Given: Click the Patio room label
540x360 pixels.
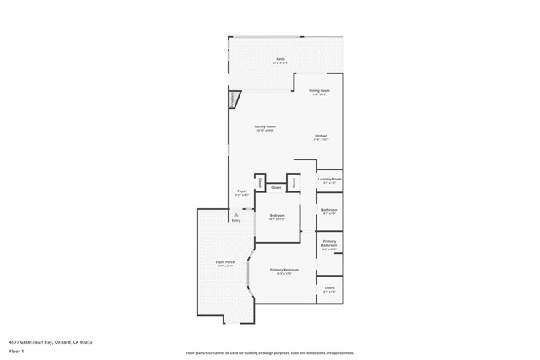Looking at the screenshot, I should (x=280, y=59).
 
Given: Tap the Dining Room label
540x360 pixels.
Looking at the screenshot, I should (x=319, y=90).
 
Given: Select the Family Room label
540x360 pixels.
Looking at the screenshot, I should (x=266, y=126).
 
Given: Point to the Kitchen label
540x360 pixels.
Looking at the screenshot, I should (x=321, y=136).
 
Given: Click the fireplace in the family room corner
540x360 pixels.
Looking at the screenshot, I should (x=234, y=99).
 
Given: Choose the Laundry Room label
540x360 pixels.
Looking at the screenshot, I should (x=329, y=179).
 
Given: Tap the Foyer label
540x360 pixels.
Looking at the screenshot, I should (x=242, y=191).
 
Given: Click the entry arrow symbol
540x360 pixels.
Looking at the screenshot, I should (x=236, y=214).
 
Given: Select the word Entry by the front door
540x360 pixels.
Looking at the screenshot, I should (x=236, y=221).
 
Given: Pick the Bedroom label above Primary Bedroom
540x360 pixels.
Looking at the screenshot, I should (x=277, y=216).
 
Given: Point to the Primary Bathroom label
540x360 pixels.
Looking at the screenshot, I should (x=329, y=243).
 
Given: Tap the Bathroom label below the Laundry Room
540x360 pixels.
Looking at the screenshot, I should (x=329, y=210).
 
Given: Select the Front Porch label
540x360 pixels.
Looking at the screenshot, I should (x=224, y=262).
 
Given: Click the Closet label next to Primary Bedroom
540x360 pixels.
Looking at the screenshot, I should (x=329, y=288).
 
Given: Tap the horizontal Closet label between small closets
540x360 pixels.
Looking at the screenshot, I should (x=275, y=187).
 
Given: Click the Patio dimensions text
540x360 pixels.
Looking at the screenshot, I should (x=280, y=63).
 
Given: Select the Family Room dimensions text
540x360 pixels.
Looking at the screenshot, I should (x=266, y=131).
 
